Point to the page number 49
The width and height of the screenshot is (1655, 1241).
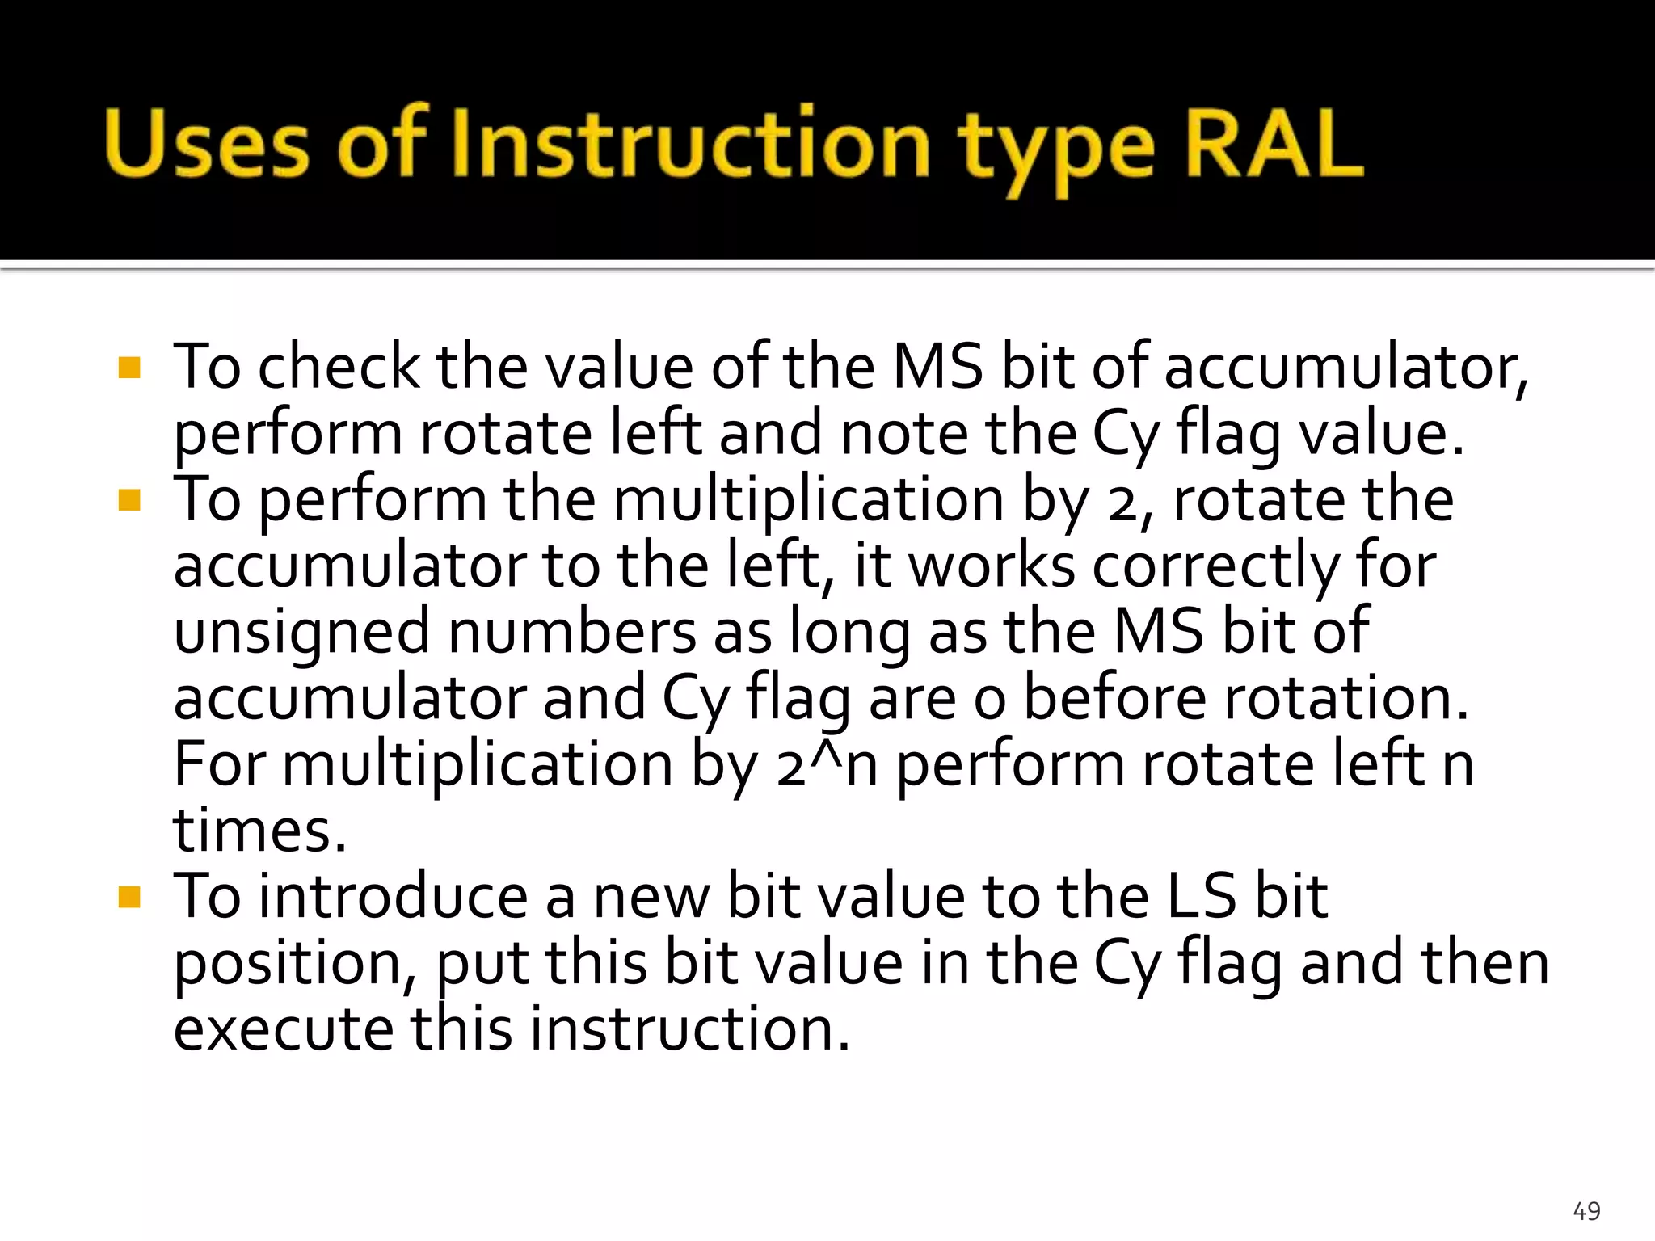click(x=1586, y=1210)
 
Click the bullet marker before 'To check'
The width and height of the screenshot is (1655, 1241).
click(x=129, y=368)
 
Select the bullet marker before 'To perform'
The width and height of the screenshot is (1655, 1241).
click(x=129, y=501)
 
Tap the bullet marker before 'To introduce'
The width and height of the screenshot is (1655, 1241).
click(x=129, y=898)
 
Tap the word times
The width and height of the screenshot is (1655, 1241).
click(x=259, y=831)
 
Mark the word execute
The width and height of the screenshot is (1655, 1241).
click(x=283, y=1029)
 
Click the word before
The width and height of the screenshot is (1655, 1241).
click(x=1114, y=698)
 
